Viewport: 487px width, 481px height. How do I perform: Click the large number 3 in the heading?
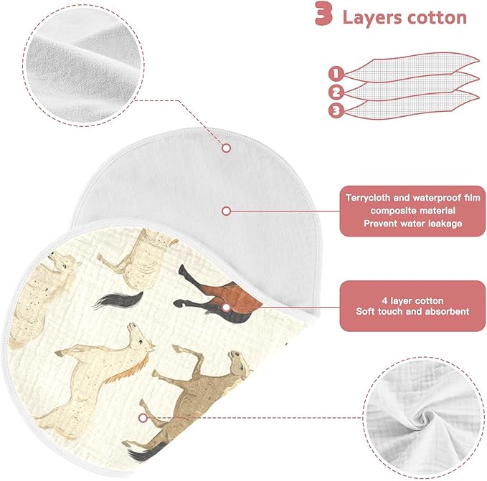point(324,13)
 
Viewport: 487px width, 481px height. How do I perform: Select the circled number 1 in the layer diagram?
point(336,74)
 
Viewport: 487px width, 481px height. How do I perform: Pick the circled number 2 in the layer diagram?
point(336,92)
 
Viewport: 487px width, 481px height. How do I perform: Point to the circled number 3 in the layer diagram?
point(336,110)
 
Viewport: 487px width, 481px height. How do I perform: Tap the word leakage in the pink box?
point(445,224)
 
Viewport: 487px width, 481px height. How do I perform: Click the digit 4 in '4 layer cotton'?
point(384,300)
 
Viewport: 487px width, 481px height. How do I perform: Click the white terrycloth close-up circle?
point(83,65)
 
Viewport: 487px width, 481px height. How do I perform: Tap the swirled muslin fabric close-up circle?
point(424,418)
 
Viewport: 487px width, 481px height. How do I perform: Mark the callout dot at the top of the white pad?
point(227,148)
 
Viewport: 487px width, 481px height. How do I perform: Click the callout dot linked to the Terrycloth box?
point(227,211)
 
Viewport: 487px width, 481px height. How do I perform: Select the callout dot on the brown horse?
point(227,308)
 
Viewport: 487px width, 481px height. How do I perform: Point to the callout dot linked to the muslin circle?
point(143,418)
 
